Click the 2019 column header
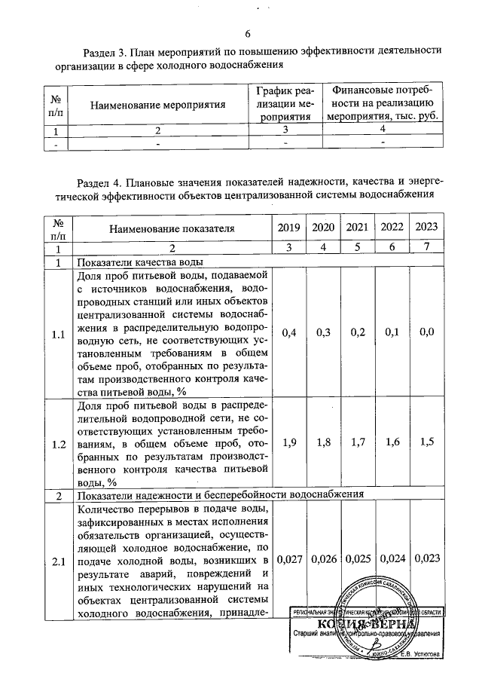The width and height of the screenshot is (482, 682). pyautogui.click(x=288, y=228)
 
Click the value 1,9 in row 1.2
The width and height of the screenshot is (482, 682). pyautogui.click(x=288, y=443)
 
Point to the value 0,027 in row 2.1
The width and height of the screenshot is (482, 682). pyautogui.click(x=289, y=559)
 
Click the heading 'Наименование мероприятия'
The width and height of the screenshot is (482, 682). pyautogui.click(x=158, y=105)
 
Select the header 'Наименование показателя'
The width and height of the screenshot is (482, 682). pyautogui.click(x=172, y=228)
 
